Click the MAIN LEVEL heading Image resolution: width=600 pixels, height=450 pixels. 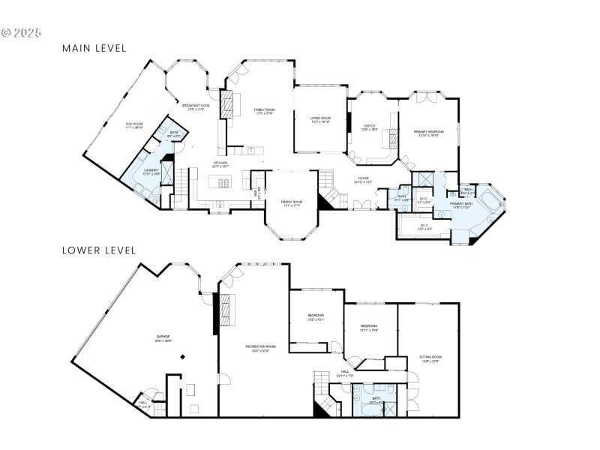[x=94, y=48]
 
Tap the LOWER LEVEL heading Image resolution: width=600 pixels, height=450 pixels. [x=98, y=250]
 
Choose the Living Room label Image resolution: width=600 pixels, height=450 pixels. [x=321, y=118]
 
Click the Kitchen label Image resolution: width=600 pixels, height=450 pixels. [x=220, y=164]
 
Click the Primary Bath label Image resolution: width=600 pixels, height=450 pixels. [x=460, y=205]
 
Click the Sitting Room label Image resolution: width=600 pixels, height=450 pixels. [x=429, y=359]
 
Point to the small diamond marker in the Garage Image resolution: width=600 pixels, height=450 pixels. [x=182, y=357]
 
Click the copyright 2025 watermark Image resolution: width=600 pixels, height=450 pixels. [x=22, y=33]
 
